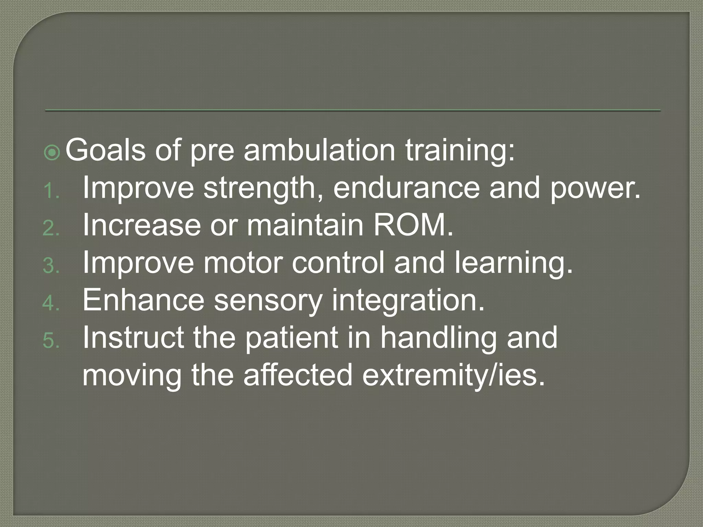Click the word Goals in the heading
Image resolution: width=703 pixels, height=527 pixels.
(105, 150)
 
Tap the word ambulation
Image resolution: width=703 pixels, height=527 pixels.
(319, 150)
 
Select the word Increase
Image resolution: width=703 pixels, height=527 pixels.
(141, 225)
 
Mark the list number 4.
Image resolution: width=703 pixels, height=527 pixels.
(51, 304)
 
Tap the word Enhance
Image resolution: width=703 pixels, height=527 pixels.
(143, 301)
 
